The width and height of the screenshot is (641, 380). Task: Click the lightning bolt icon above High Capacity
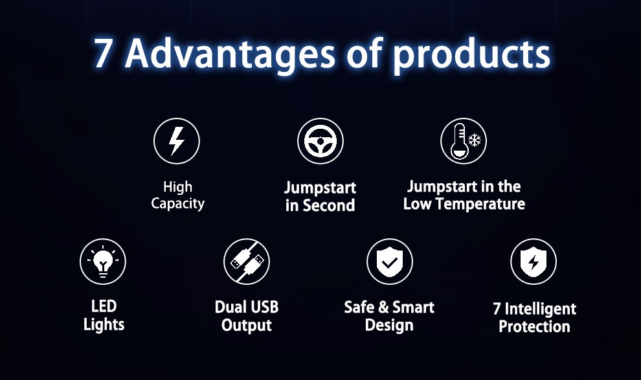coord(177,141)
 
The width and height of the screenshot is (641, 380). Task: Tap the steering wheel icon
coord(320,141)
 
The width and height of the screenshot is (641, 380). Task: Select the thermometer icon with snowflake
coord(464,141)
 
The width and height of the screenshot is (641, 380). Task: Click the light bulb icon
coord(103,262)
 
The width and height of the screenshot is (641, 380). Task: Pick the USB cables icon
coord(247,262)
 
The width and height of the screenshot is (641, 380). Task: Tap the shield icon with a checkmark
coord(390,262)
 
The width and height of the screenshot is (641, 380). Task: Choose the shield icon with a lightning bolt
coord(534,262)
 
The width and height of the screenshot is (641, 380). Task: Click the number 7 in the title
coord(102,54)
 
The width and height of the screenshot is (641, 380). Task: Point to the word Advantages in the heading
coord(230,54)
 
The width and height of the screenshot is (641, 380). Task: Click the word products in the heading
coord(471,55)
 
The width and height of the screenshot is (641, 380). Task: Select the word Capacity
coord(177,203)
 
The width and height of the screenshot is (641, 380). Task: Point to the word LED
coord(104,306)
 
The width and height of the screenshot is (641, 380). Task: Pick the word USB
coord(264,307)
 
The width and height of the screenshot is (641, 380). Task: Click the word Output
coord(247,325)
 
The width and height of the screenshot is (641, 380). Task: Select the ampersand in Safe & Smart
coord(383,307)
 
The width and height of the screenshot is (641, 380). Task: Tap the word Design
coord(389,325)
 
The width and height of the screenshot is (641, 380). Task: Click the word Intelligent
coord(541,309)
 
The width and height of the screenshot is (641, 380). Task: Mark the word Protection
coord(534,326)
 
